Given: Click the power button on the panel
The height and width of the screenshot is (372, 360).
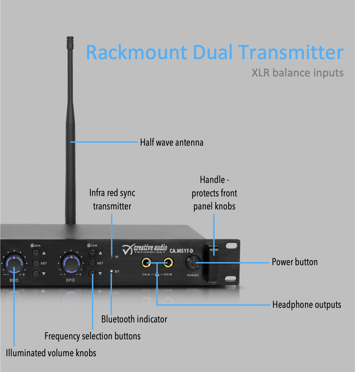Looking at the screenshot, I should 193,264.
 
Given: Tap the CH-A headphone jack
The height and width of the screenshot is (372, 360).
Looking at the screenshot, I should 147,263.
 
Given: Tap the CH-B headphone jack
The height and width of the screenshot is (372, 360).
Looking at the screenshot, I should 168,263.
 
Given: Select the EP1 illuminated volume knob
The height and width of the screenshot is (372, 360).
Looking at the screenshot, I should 15,263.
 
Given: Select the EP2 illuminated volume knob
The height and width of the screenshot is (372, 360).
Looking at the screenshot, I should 72,263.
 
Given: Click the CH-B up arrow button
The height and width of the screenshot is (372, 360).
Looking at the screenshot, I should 92,253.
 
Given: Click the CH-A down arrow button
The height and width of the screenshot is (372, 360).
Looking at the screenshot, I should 36,274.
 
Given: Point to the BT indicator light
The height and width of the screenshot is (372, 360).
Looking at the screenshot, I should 112,272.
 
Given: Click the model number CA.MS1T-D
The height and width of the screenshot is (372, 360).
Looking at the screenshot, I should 182,251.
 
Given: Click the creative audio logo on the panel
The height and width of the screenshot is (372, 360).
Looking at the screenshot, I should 145,249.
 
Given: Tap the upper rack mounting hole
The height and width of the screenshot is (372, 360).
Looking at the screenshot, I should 231,245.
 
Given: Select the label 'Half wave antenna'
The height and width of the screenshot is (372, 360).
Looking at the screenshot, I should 172,143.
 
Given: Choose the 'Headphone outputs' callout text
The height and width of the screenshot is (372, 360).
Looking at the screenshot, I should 307,305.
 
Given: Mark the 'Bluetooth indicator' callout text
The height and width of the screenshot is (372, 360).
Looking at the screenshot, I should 134,319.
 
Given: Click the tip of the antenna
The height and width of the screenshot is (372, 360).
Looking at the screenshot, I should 70,38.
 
